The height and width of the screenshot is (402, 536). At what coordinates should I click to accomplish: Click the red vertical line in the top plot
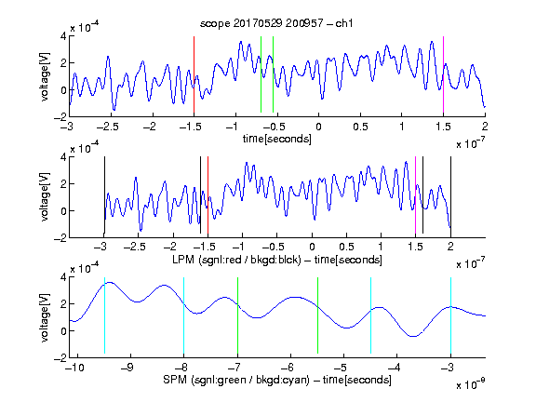coord(194,74)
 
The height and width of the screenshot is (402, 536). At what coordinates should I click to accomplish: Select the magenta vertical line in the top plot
coord(443,74)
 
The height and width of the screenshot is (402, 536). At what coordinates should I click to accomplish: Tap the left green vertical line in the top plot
coord(261,74)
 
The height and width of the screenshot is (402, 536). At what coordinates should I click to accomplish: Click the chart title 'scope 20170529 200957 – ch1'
coord(276,23)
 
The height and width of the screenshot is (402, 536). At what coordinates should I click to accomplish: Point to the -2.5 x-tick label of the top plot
coord(107,127)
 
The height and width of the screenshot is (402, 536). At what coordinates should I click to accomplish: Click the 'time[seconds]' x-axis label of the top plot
coord(277,139)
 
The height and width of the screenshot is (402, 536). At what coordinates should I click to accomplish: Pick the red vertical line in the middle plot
coord(208,194)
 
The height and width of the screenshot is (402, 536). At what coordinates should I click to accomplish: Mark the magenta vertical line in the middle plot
coord(415,194)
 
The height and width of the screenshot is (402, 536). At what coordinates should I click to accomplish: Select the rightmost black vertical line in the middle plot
coord(450,194)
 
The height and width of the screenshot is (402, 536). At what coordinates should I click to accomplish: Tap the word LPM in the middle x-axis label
coord(184,260)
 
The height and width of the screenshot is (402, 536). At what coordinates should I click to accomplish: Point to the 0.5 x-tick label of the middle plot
coord(346,247)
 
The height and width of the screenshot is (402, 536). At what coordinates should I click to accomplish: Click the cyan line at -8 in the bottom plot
coord(183,315)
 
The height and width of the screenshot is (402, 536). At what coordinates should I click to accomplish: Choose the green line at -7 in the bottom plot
coord(237,315)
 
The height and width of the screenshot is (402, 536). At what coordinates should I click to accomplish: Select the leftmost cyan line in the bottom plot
coord(104,315)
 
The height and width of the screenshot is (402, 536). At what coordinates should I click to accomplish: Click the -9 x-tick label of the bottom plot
coord(127,368)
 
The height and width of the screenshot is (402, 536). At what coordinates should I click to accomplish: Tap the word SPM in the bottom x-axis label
coord(175,380)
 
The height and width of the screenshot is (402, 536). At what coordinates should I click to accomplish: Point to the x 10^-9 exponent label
coord(470,384)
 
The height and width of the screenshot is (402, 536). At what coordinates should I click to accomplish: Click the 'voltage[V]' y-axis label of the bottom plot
coord(45,317)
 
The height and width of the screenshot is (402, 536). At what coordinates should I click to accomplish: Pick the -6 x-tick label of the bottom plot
coord(288,368)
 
